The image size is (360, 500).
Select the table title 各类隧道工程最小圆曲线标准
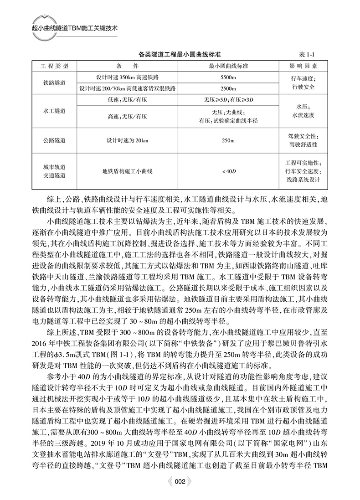tap(180, 54)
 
